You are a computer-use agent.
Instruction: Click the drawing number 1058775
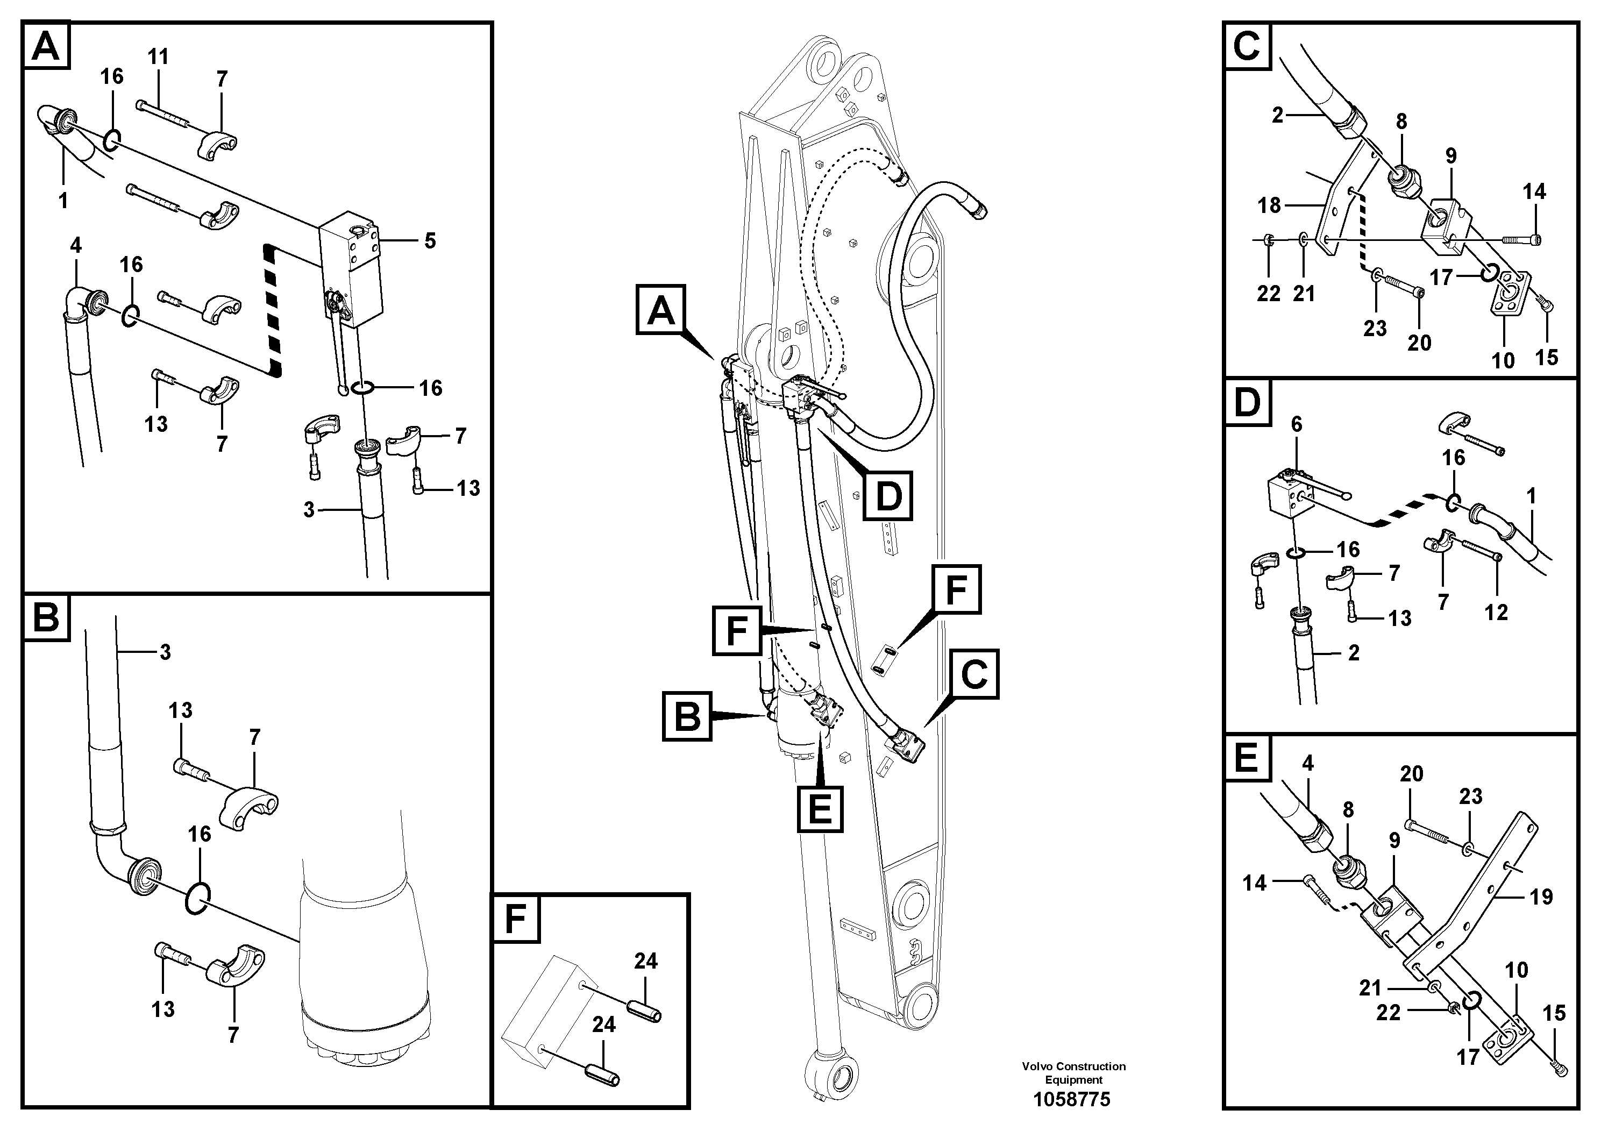point(1072,1100)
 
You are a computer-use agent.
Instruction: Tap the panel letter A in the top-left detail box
point(47,47)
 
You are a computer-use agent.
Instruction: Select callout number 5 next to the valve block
point(430,241)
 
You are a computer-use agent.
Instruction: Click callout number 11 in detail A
point(158,56)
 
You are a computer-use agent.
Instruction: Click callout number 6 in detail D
point(1296,424)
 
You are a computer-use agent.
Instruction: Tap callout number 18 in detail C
point(1269,205)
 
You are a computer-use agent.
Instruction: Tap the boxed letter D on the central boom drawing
point(888,496)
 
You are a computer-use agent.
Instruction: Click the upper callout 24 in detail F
point(645,962)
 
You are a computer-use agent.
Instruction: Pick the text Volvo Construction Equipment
point(1073,1072)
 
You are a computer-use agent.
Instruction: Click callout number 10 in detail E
point(1516,970)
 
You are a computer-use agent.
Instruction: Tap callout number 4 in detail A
point(75,245)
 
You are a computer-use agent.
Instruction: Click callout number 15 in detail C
point(1547,358)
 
